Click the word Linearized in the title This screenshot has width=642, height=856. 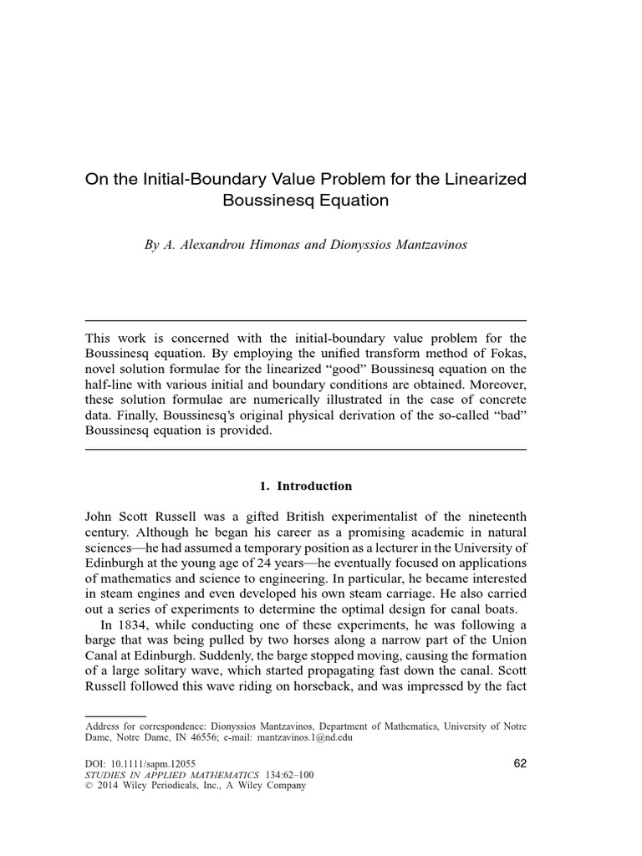coord(479,180)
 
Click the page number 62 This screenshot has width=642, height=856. coord(518,763)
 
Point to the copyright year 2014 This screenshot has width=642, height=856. coord(111,786)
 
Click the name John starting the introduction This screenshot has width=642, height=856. coord(101,517)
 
